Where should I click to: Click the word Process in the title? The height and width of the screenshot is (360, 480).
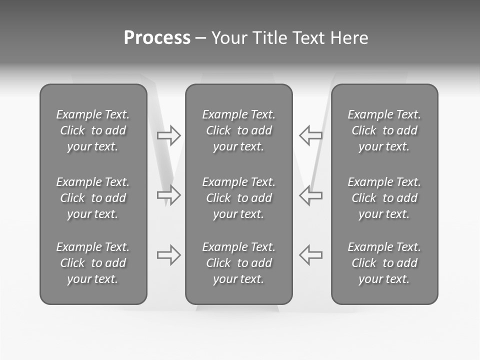tap(157, 38)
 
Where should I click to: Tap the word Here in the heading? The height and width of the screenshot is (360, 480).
tap(349, 38)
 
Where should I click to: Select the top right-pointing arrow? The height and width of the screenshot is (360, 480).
tap(169, 135)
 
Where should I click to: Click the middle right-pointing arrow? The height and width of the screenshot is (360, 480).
tap(169, 194)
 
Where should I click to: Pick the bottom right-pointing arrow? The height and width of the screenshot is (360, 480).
tap(169, 255)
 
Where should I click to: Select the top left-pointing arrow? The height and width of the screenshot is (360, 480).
tap(310, 135)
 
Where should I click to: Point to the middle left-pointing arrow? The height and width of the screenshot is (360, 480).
tap(310, 194)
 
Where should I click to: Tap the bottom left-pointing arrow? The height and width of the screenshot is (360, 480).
tap(310, 255)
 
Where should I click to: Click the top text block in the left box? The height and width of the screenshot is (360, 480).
tap(93, 130)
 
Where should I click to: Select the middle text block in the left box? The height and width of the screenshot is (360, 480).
tap(93, 198)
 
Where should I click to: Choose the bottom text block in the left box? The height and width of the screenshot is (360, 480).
tap(93, 263)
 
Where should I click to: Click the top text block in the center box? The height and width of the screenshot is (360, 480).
tap(238, 130)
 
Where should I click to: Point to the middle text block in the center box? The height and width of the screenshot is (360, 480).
tap(238, 198)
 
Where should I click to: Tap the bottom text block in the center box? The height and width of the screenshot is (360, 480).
tap(238, 263)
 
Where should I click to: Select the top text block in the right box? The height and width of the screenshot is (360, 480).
tap(384, 130)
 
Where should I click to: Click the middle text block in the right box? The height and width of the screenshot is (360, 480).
tap(384, 198)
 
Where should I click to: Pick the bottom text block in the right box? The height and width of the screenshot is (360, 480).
tap(384, 263)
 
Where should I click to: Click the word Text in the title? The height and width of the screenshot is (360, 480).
tap(308, 38)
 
